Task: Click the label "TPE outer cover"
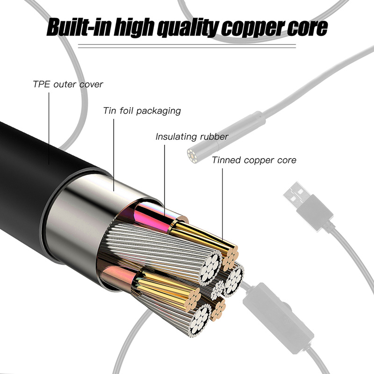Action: (68, 85)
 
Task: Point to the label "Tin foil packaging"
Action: (142, 111)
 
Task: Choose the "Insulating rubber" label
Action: (192, 137)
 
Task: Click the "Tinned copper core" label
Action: (254, 160)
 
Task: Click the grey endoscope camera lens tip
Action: (192, 154)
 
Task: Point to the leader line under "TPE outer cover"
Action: (50, 126)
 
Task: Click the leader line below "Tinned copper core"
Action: (222, 206)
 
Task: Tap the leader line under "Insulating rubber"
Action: (165, 178)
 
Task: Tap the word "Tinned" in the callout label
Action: (225, 160)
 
